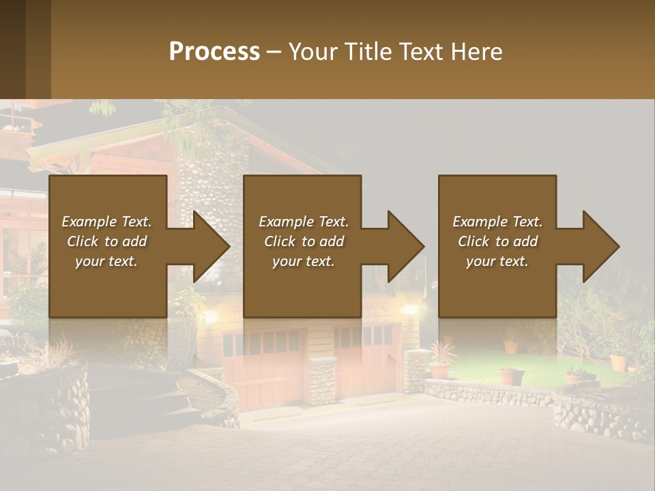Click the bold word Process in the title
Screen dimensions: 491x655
214,51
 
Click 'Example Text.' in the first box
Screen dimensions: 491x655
106,222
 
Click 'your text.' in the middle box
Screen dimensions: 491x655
303,261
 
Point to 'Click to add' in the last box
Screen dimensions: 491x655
497,241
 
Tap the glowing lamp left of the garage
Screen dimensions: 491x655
210,316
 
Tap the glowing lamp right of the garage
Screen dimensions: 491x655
409,310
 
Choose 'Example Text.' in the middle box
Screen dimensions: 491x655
303,222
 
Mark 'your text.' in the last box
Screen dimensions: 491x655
497,261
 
